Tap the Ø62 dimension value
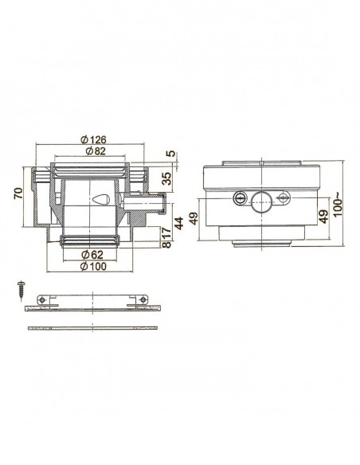(x=95, y=254)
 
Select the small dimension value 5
(x=169, y=154)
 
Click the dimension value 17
(x=166, y=236)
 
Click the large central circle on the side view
(x=262, y=199)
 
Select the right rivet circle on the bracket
(x=143, y=299)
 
